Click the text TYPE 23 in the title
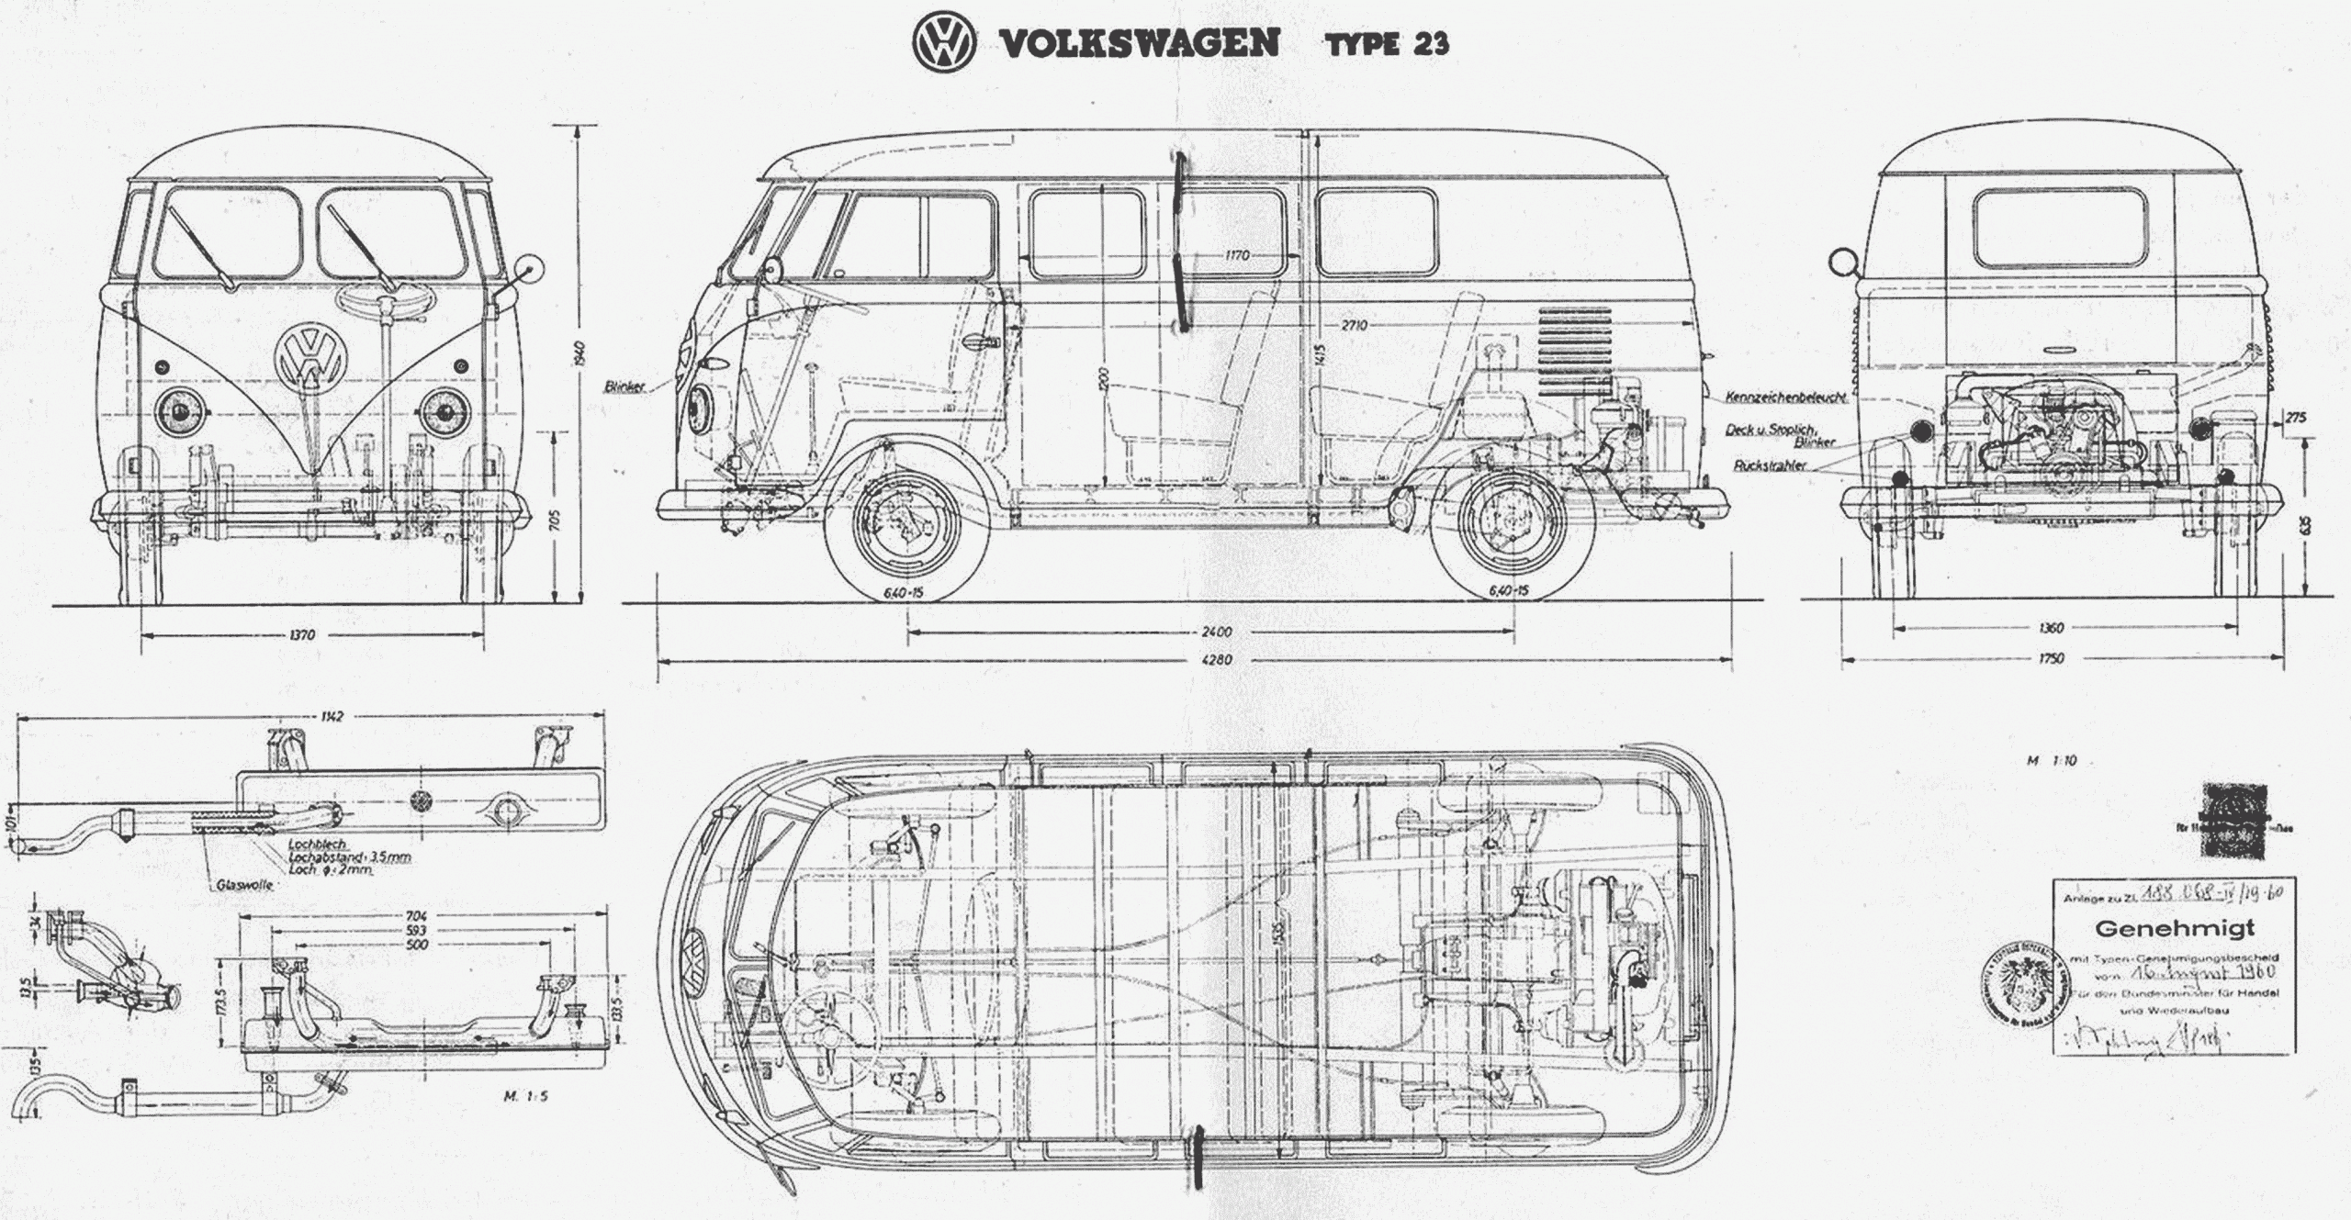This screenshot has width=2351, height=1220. point(1387,44)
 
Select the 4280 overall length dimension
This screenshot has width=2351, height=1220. point(1217,659)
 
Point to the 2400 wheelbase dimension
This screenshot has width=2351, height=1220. point(1216,632)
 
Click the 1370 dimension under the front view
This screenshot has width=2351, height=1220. point(301,634)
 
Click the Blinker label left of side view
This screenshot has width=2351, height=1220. point(624,386)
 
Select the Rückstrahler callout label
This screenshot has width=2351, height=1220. point(1770,465)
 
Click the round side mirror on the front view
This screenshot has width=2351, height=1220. point(530,268)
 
